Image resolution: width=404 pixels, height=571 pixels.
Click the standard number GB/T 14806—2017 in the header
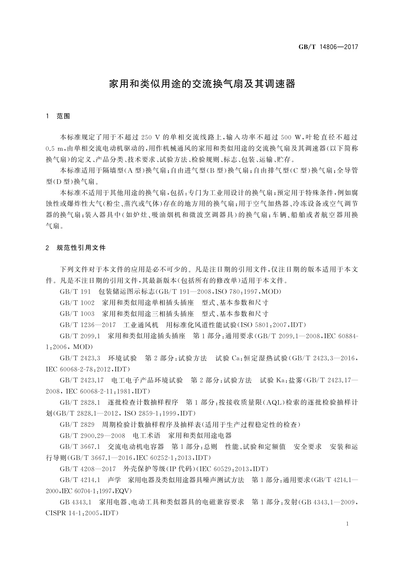328,47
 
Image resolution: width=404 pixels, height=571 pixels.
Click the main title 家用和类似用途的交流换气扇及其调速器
202,84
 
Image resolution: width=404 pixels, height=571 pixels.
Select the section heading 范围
63,116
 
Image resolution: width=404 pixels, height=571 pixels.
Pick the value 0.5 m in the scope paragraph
54,149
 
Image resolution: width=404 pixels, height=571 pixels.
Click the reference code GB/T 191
75,292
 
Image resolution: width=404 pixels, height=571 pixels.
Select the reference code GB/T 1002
77,302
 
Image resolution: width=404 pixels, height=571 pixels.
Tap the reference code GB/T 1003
77,314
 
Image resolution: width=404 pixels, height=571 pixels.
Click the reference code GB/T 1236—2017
88,325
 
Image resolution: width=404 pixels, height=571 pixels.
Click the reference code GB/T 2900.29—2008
92,436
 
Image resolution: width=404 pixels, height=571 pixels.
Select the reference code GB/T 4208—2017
88,469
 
